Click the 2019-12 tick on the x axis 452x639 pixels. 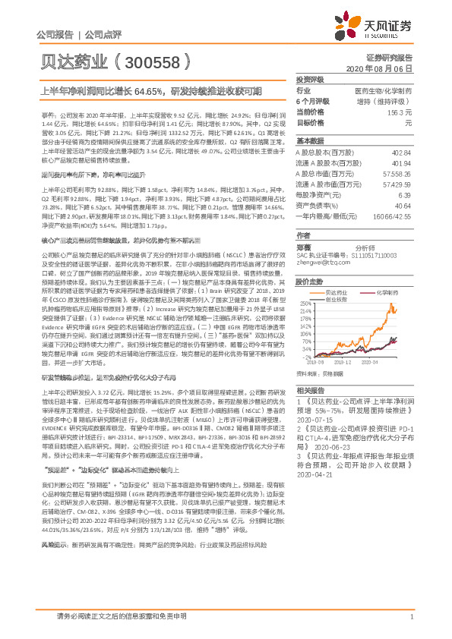[354, 363]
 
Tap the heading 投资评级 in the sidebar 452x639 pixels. [310, 79]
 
